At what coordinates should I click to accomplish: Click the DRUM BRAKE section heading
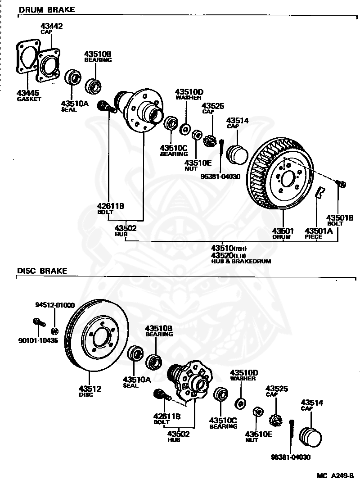tap(47, 10)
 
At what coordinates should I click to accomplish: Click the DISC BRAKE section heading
tap(42, 271)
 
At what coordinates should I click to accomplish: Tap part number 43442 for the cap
tap(52, 26)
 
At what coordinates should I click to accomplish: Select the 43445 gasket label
tap(29, 95)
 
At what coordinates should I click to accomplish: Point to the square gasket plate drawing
tap(28, 57)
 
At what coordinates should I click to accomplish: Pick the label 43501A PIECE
tap(319, 233)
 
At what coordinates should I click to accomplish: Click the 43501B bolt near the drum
tap(340, 184)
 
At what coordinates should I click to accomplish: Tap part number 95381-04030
tap(220, 176)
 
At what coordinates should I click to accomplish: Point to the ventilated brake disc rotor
tap(97, 335)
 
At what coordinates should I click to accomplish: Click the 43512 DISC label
tap(90, 391)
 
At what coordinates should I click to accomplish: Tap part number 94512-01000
tap(55, 305)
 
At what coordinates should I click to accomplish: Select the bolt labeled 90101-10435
tap(39, 323)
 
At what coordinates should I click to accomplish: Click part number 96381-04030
tap(291, 457)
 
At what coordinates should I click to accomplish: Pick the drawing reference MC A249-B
tap(335, 476)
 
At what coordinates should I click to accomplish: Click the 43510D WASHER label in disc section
tap(244, 375)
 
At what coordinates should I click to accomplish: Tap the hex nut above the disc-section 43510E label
tap(258, 412)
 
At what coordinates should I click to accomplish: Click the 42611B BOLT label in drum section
tap(111, 208)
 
